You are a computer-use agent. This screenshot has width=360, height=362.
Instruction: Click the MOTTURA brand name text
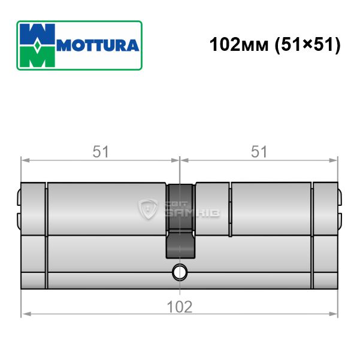(98, 45)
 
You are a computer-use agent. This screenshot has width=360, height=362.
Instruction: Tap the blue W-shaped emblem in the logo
(37, 34)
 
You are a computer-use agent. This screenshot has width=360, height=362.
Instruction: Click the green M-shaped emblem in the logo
(37, 57)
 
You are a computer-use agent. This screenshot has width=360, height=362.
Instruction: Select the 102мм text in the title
(239, 44)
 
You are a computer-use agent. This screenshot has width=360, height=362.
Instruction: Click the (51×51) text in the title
(307, 45)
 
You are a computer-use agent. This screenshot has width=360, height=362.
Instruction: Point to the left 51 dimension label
(101, 151)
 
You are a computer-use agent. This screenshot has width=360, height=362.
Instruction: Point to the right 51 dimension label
(259, 151)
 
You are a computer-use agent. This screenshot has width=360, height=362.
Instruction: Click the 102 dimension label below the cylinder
(180, 307)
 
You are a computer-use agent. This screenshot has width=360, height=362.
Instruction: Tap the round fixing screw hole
(180, 272)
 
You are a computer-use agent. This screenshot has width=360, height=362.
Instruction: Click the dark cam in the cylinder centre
(180, 221)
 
